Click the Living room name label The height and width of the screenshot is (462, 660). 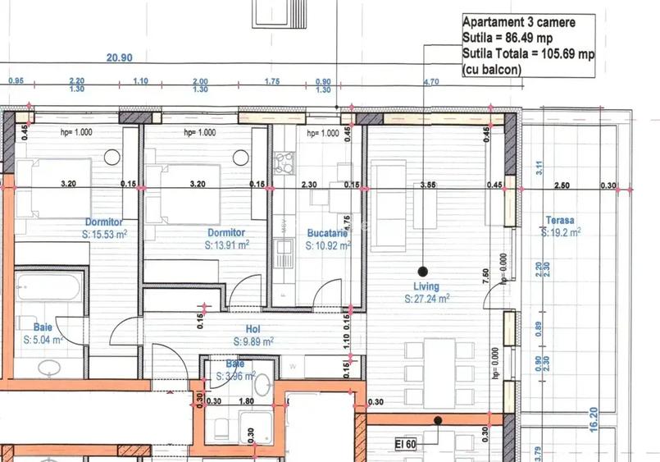[x=426, y=287]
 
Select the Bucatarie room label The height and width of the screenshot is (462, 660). [x=327, y=233]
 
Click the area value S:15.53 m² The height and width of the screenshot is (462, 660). [x=104, y=234]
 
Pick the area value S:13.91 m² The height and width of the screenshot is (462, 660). [x=227, y=245]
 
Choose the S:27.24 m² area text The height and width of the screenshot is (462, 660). [x=428, y=300]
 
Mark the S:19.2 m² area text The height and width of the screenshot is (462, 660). [x=562, y=232]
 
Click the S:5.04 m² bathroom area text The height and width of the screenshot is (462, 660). [x=44, y=339]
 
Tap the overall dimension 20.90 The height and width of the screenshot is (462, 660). [x=120, y=57]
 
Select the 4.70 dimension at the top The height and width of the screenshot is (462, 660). [x=430, y=81]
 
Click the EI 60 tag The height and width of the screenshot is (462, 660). [x=407, y=444]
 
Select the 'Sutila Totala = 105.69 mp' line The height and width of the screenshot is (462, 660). [x=529, y=54]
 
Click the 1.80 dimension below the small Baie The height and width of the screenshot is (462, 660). [x=244, y=401]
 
